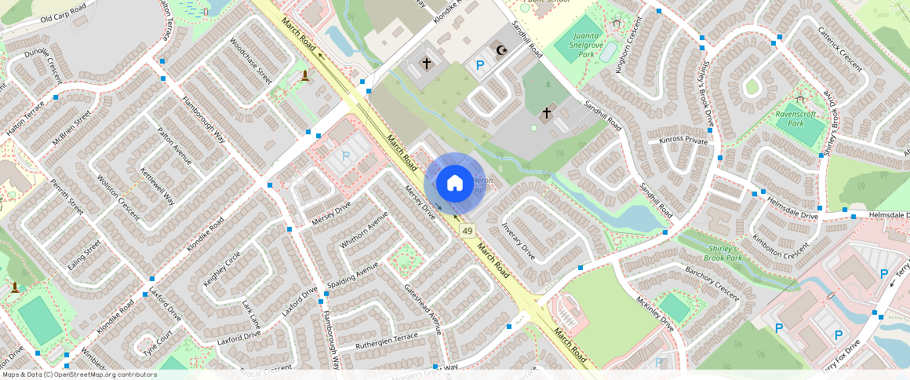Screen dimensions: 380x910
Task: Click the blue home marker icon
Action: pos(454,184)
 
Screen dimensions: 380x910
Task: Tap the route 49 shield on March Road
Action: pos(468,231)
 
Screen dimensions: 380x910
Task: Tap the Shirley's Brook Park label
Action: pos(723,253)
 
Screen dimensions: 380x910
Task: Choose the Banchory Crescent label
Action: pos(712,283)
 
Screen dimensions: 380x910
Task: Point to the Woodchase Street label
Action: pos(250,62)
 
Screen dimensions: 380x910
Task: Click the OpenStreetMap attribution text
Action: pos(79,375)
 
